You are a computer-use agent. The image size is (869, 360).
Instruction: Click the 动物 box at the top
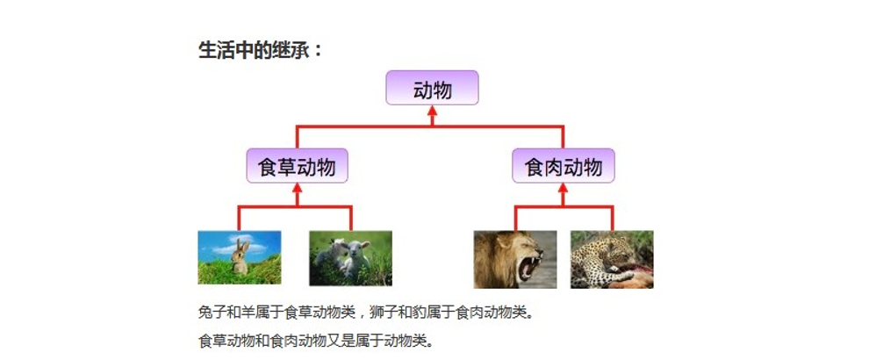pos(432,88)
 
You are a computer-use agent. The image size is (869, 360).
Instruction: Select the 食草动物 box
pos(297,165)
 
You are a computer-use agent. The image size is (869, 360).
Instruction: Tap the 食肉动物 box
pos(563,165)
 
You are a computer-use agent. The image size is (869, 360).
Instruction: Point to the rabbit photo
pos(240,257)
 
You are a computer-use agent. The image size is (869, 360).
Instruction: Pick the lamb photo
pos(350,258)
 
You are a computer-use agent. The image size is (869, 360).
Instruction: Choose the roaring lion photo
pos(515,260)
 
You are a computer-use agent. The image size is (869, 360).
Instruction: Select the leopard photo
pos(612,260)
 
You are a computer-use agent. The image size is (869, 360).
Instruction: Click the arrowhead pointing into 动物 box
pos(432,111)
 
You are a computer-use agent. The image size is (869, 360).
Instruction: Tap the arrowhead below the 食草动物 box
pos(297,188)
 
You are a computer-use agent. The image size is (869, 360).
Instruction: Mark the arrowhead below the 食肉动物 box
pos(563,188)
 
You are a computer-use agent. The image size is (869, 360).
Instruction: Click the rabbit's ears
pos(242,245)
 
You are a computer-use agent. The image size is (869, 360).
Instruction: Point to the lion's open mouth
pos(529,267)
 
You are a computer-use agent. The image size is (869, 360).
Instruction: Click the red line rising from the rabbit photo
pos(239,219)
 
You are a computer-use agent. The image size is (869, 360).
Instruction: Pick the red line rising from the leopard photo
pos(613,219)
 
